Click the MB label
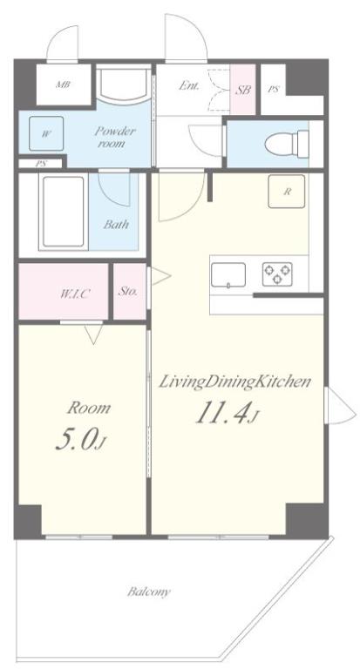click(x=63, y=84)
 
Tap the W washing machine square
click(x=46, y=133)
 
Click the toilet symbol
click(x=287, y=144)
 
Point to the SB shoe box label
click(x=244, y=90)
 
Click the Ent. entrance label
click(x=189, y=85)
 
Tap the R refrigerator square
click(x=287, y=192)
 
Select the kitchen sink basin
click(x=228, y=275)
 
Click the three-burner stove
click(x=277, y=274)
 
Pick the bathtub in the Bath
click(x=64, y=212)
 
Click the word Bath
click(x=116, y=225)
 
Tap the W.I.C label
click(x=75, y=294)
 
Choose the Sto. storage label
click(x=128, y=292)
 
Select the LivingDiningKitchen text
click(x=234, y=382)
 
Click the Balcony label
click(x=149, y=592)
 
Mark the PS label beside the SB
click(x=274, y=90)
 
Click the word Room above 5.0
click(x=89, y=409)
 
